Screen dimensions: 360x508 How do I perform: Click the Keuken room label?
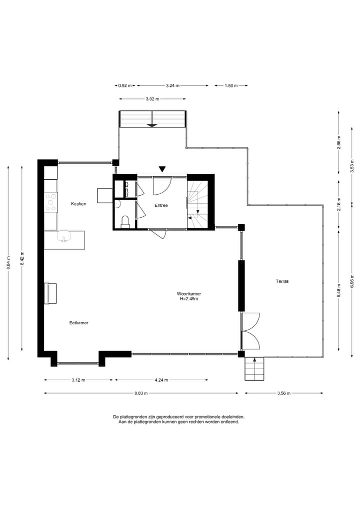click(79, 204)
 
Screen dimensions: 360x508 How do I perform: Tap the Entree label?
click(161, 205)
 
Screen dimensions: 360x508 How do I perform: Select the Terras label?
click(282, 281)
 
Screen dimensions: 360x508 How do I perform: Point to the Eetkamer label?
click(79, 323)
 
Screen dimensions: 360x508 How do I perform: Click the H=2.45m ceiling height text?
click(189, 299)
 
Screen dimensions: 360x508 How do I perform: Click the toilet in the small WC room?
click(125, 222)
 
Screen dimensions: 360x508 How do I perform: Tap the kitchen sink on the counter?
click(64, 237)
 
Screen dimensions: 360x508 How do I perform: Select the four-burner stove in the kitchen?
click(51, 202)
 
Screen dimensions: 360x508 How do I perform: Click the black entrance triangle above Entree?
click(162, 169)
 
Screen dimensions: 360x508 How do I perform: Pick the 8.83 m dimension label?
click(141, 393)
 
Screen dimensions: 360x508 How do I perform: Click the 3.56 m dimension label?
click(284, 393)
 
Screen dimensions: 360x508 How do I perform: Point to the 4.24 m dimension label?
click(161, 380)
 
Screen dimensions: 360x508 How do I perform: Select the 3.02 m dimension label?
click(152, 99)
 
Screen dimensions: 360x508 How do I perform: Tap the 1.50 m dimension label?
click(231, 85)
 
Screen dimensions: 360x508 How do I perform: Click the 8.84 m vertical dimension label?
click(8, 263)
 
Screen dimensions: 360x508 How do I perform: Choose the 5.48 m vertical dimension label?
click(339, 291)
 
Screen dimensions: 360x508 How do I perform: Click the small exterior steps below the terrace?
click(254, 369)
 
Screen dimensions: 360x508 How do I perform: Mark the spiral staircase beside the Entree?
click(197, 204)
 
